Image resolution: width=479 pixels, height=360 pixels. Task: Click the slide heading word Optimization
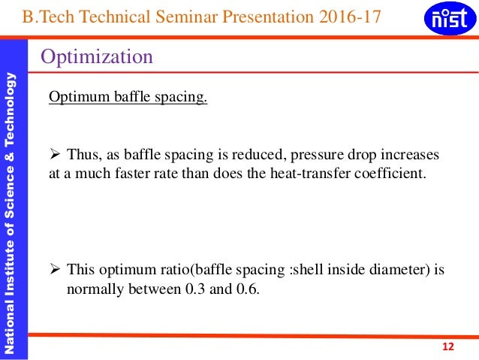[x=97, y=56]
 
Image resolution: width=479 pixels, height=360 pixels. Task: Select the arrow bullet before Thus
[x=54, y=155]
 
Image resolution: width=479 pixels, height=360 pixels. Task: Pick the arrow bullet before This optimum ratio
[x=54, y=269]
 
